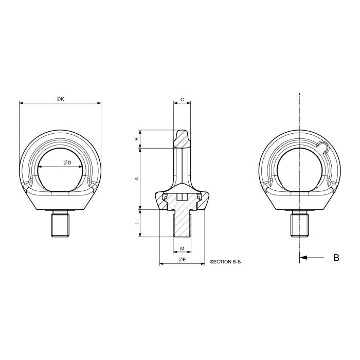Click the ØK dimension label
click(x=60, y=99)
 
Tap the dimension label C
click(x=182, y=99)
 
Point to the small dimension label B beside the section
click(x=136, y=139)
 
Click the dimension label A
click(x=136, y=178)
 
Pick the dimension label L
click(x=136, y=223)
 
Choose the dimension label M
click(x=182, y=249)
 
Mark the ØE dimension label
click(x=182, y=260)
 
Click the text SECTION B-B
click(x=225, y=262)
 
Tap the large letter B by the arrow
click(x=336, y=258)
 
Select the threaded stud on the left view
click(x=60, y=224)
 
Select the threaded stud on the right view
click(x=300, y=224)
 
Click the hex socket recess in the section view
click(x=182, y=197)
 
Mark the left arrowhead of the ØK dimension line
click(x=21, y=103)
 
